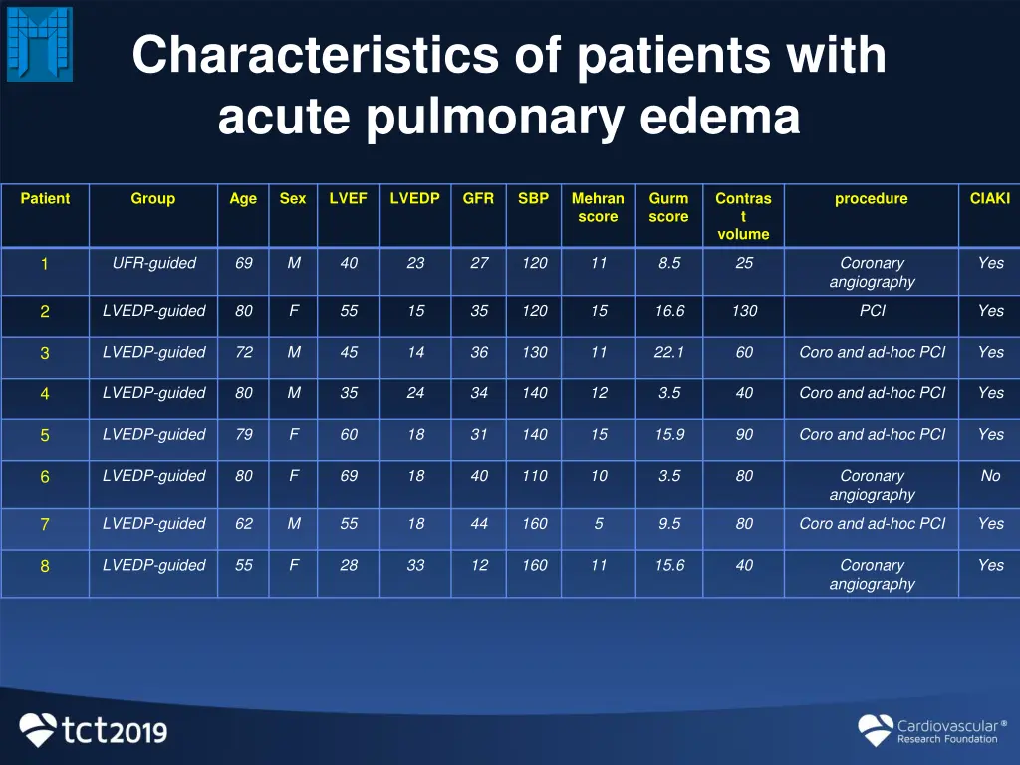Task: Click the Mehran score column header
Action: click(598, 207)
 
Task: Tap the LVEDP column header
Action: click(415, 198)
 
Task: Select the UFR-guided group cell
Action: click(153, 263)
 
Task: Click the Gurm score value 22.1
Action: click(669, 352)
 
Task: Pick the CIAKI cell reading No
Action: click(990, 476)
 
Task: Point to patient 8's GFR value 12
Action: click(479, 565)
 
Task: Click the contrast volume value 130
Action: click(744, 310)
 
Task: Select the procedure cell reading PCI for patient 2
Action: click(872, 310)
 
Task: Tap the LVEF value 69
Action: click(349, 476)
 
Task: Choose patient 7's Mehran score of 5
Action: click(598, 523)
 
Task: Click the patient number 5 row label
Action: click(45, 435)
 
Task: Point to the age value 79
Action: click(244, 434)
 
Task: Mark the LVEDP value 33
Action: click(415, 565)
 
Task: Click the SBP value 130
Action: click(535, 352)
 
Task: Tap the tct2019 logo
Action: click(95, 730)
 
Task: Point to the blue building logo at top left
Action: click(40, 43)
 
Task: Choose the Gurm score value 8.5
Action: click(669, 263)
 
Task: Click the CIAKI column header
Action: click(990, 198)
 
